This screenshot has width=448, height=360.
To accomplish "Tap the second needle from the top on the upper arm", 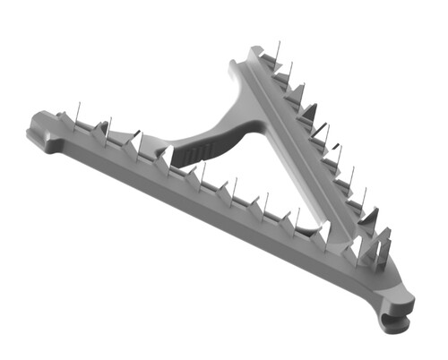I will (290, 72).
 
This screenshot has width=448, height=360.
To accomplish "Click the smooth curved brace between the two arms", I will (220, 134).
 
